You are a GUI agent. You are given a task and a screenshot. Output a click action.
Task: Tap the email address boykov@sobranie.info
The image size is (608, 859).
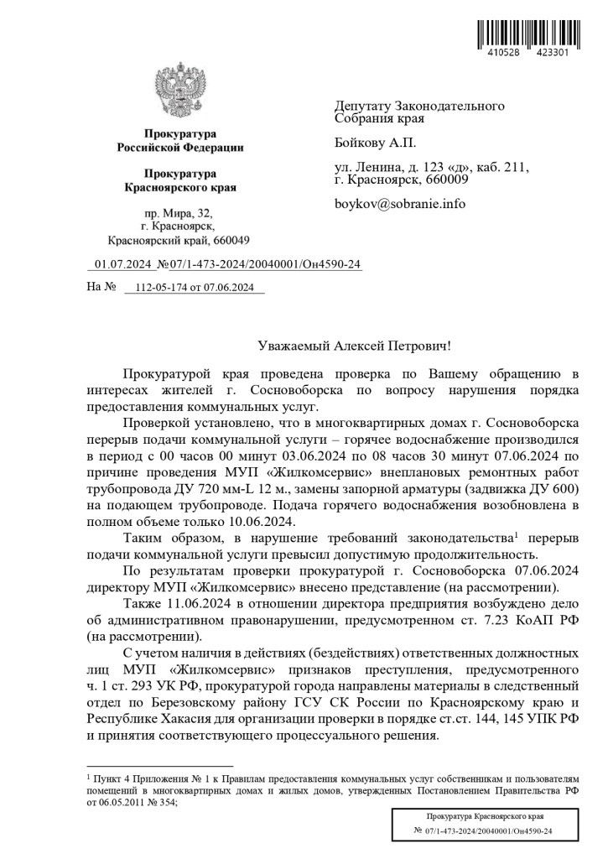click(x=399, y=203)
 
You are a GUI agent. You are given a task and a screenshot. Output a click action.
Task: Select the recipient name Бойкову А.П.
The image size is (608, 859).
click(x=374, y=143)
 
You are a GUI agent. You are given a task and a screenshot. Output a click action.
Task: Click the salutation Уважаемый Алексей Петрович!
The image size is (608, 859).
click(x=352, y=345)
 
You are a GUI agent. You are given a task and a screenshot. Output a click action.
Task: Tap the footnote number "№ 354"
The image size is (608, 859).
click(x=161, y=801)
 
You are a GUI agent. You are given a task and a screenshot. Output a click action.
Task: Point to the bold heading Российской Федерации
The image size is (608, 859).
click(x=179, y=148)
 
